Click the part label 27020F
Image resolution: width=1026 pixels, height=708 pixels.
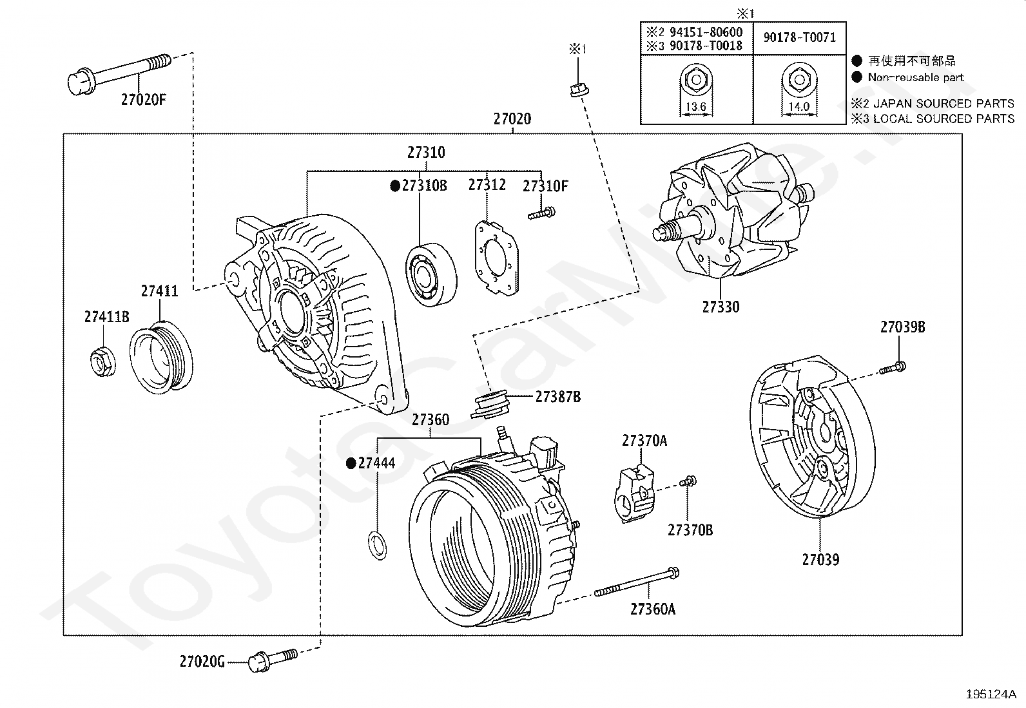click(142, 99)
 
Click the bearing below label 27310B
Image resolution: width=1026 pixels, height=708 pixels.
click(430, 275)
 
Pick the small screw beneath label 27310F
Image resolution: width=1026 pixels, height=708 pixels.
click(542, 213)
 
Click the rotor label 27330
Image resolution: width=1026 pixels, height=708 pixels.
click(721, 307)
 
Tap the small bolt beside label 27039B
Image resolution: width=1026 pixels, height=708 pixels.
click(893, 368)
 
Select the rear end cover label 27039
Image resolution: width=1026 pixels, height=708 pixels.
click(820, 559)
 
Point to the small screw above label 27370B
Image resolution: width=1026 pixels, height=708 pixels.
click(689, 481)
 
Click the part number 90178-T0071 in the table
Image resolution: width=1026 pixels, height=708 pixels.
click(799, 37)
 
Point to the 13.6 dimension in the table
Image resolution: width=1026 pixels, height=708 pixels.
click(696, 107)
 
